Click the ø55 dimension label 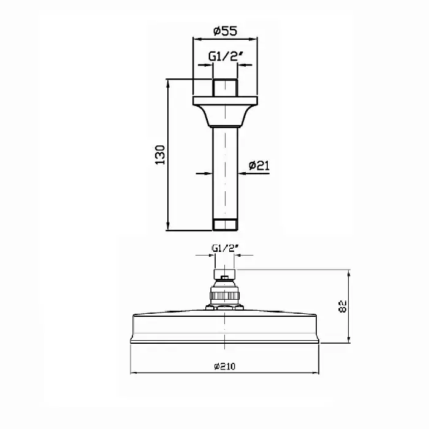225,31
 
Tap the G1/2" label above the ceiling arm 226,56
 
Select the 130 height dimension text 161,155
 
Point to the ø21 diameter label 259,165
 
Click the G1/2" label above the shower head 226,248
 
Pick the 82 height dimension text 343,306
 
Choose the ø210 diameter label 225,366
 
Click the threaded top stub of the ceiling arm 225,87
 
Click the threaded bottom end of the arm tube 225,225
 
